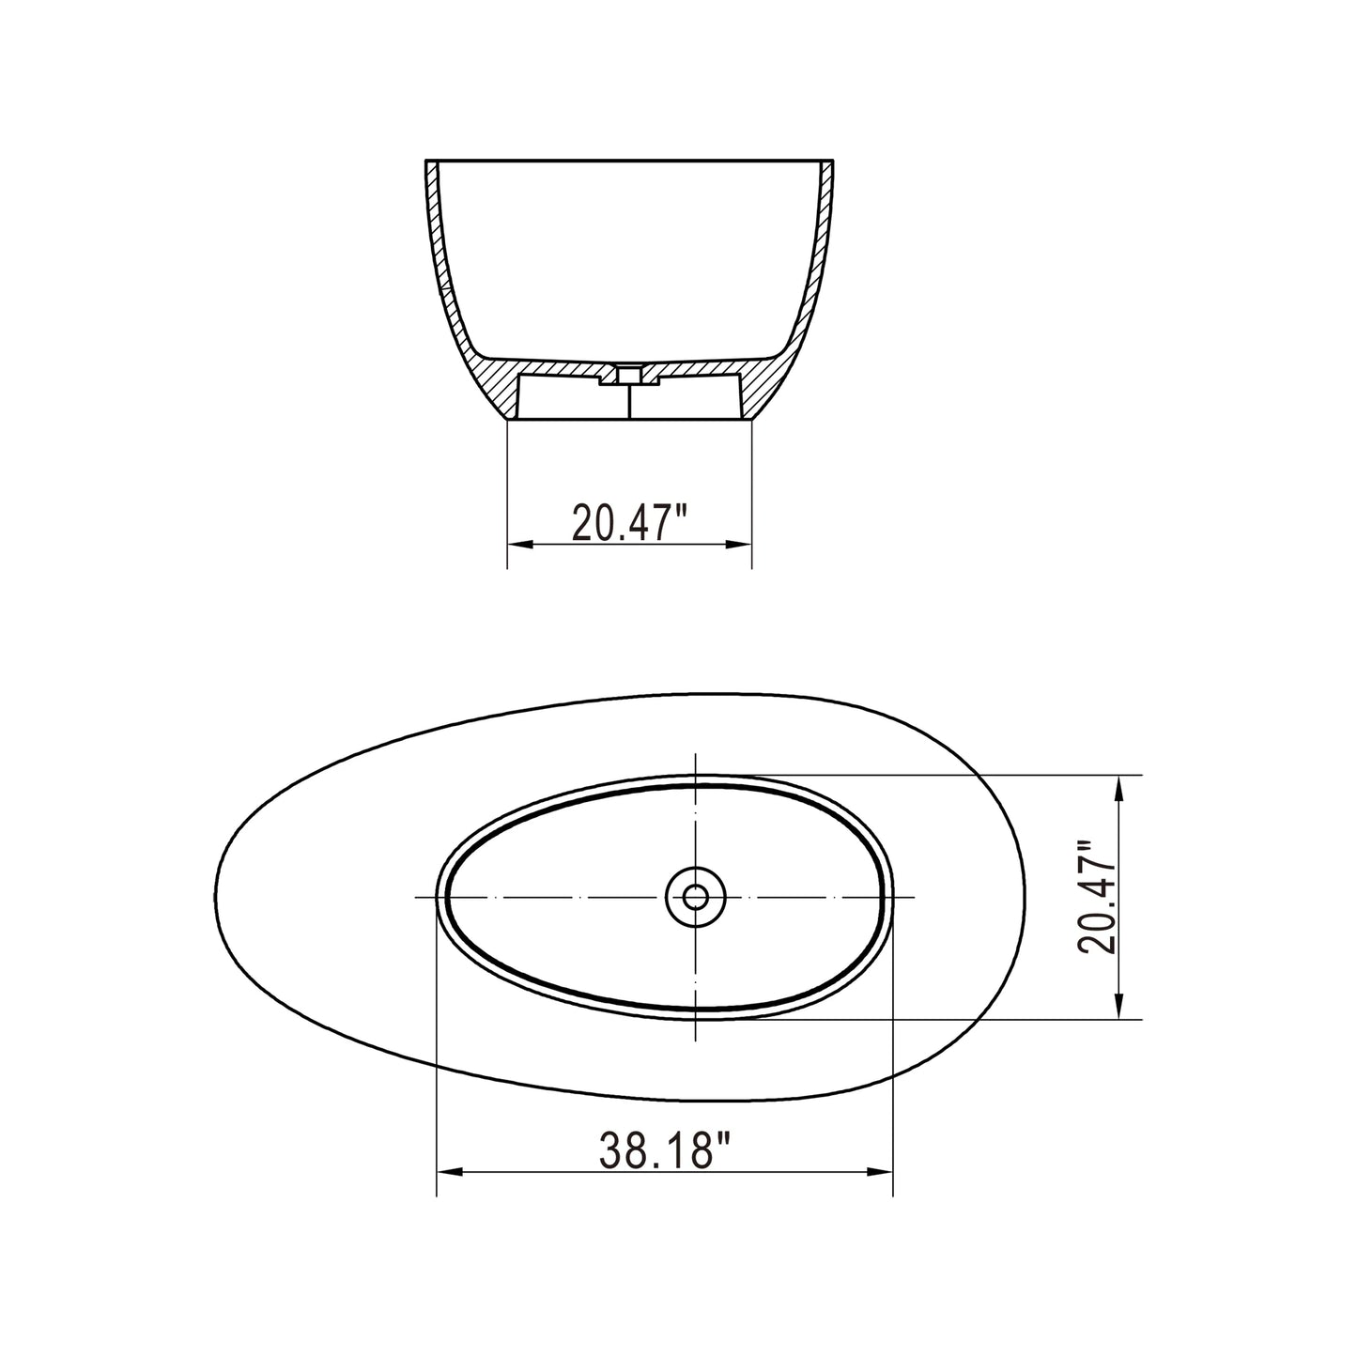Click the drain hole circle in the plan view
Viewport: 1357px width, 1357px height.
[696, 897]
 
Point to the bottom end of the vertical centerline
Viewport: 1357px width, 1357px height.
[696, 1040]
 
